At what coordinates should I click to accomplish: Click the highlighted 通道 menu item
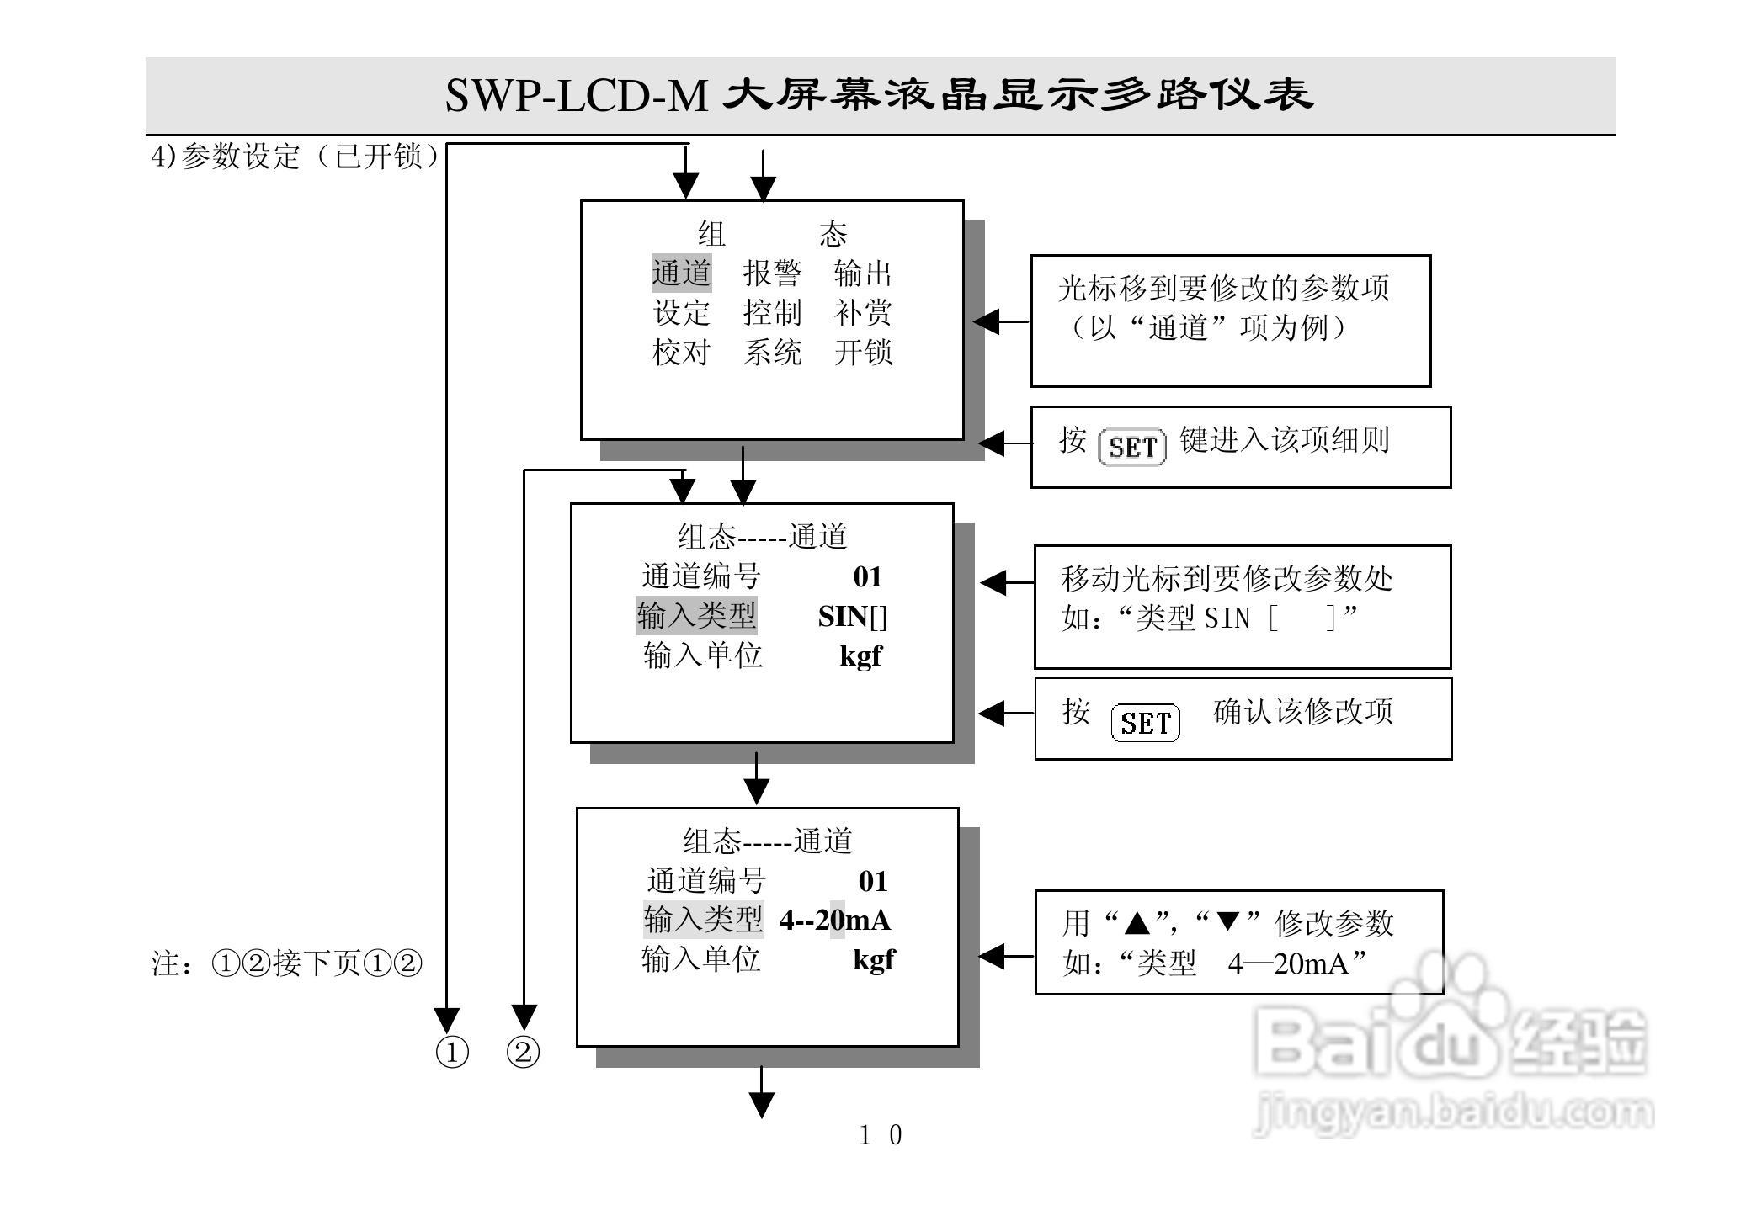(x=681, y=273)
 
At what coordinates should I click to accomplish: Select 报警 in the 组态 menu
(x=772, y=273)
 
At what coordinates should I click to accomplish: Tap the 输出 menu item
(x=863, y=273)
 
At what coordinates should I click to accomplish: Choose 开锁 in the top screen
(x=863, y=352)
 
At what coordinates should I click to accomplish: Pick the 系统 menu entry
(x=772, y=352)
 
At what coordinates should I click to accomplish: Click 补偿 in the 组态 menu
(x=863, y=313)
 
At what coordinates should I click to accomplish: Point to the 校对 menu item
(x=681, y=352)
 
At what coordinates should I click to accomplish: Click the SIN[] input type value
(x=852, y=617)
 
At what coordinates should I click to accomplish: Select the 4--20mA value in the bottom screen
(x=834, y=920)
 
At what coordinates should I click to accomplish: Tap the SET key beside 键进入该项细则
(x=1132, y=447)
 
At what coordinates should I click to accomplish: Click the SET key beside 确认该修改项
(x=1145, y=723)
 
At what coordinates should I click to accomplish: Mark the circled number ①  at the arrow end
(x=452, y=1053)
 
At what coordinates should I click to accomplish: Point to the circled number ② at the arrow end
(x=523, y=1053)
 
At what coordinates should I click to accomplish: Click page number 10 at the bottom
(x=880, y=1135)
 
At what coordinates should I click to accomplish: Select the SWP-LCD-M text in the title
(x=576, y=96)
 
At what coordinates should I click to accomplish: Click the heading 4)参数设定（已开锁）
(x=295, y=157)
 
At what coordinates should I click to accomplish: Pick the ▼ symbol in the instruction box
(x=1228, y=922)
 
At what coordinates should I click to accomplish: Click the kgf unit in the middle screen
(x=860, y=656)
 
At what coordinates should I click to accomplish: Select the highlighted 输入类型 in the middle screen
(x=696, y=616)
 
